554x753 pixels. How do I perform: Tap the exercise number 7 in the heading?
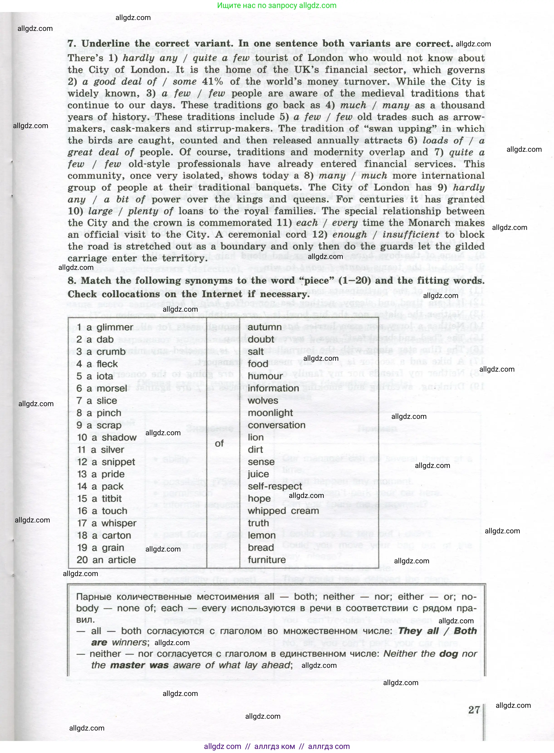71,44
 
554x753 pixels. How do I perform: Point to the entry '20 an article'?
106,560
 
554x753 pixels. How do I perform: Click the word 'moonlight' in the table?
270,413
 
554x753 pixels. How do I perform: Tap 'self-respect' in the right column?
275,487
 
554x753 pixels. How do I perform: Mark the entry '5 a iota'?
95,376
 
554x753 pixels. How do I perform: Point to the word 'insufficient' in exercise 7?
411,235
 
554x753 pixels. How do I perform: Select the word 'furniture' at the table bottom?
267,560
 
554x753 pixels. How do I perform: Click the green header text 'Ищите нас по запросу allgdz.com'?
277,5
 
